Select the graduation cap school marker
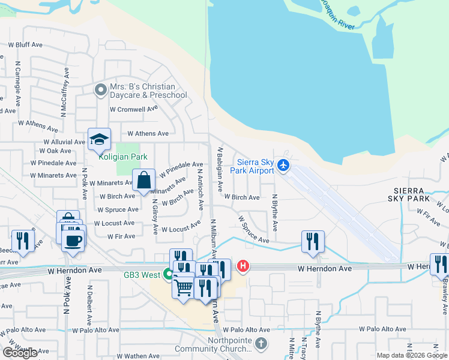coord(99,140)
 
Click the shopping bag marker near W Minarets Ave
coord(144,180)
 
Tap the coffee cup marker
coord(73,241)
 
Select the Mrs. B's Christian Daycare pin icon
coord(100,90)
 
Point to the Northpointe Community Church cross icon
coord(260,344)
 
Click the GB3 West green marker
coord(169,274)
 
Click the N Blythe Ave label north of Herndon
coord(275,213)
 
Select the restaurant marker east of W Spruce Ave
coord(313,241)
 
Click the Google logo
coord(20,353)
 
